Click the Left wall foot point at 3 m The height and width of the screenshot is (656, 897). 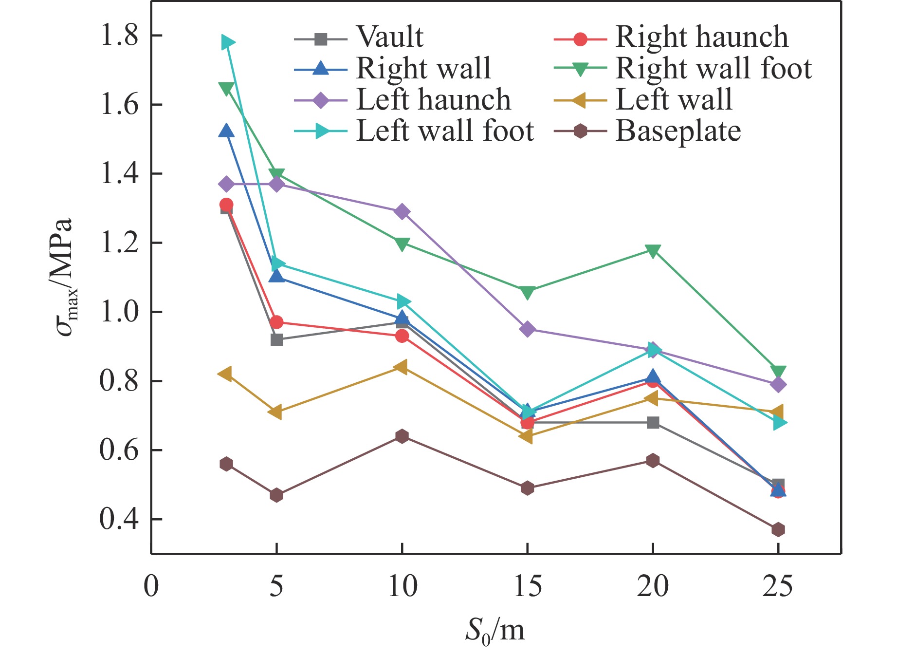pos(227,42)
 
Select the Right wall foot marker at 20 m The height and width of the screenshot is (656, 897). pos(653,250)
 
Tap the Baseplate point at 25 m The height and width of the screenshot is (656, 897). pos(778,529)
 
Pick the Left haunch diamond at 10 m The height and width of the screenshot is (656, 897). pos(402,211)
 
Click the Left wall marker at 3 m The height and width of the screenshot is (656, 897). pos(225,374)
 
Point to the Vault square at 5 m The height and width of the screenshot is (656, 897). pos(276,339)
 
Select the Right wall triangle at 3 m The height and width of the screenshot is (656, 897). pos(226,131)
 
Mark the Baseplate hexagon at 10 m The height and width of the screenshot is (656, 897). pos(402,436)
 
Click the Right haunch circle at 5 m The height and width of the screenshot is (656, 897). pos(276,322)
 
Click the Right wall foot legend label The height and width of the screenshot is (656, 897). pos(714,68)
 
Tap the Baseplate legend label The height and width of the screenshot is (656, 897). pos(678,131)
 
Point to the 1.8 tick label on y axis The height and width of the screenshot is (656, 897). pos(119,36)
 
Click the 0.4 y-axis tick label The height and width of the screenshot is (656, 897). pos(119,519)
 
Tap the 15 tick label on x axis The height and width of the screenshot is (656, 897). pos(527,586)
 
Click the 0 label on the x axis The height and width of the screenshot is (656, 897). pos(151,586)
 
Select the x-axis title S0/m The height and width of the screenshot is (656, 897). pos(495,631)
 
